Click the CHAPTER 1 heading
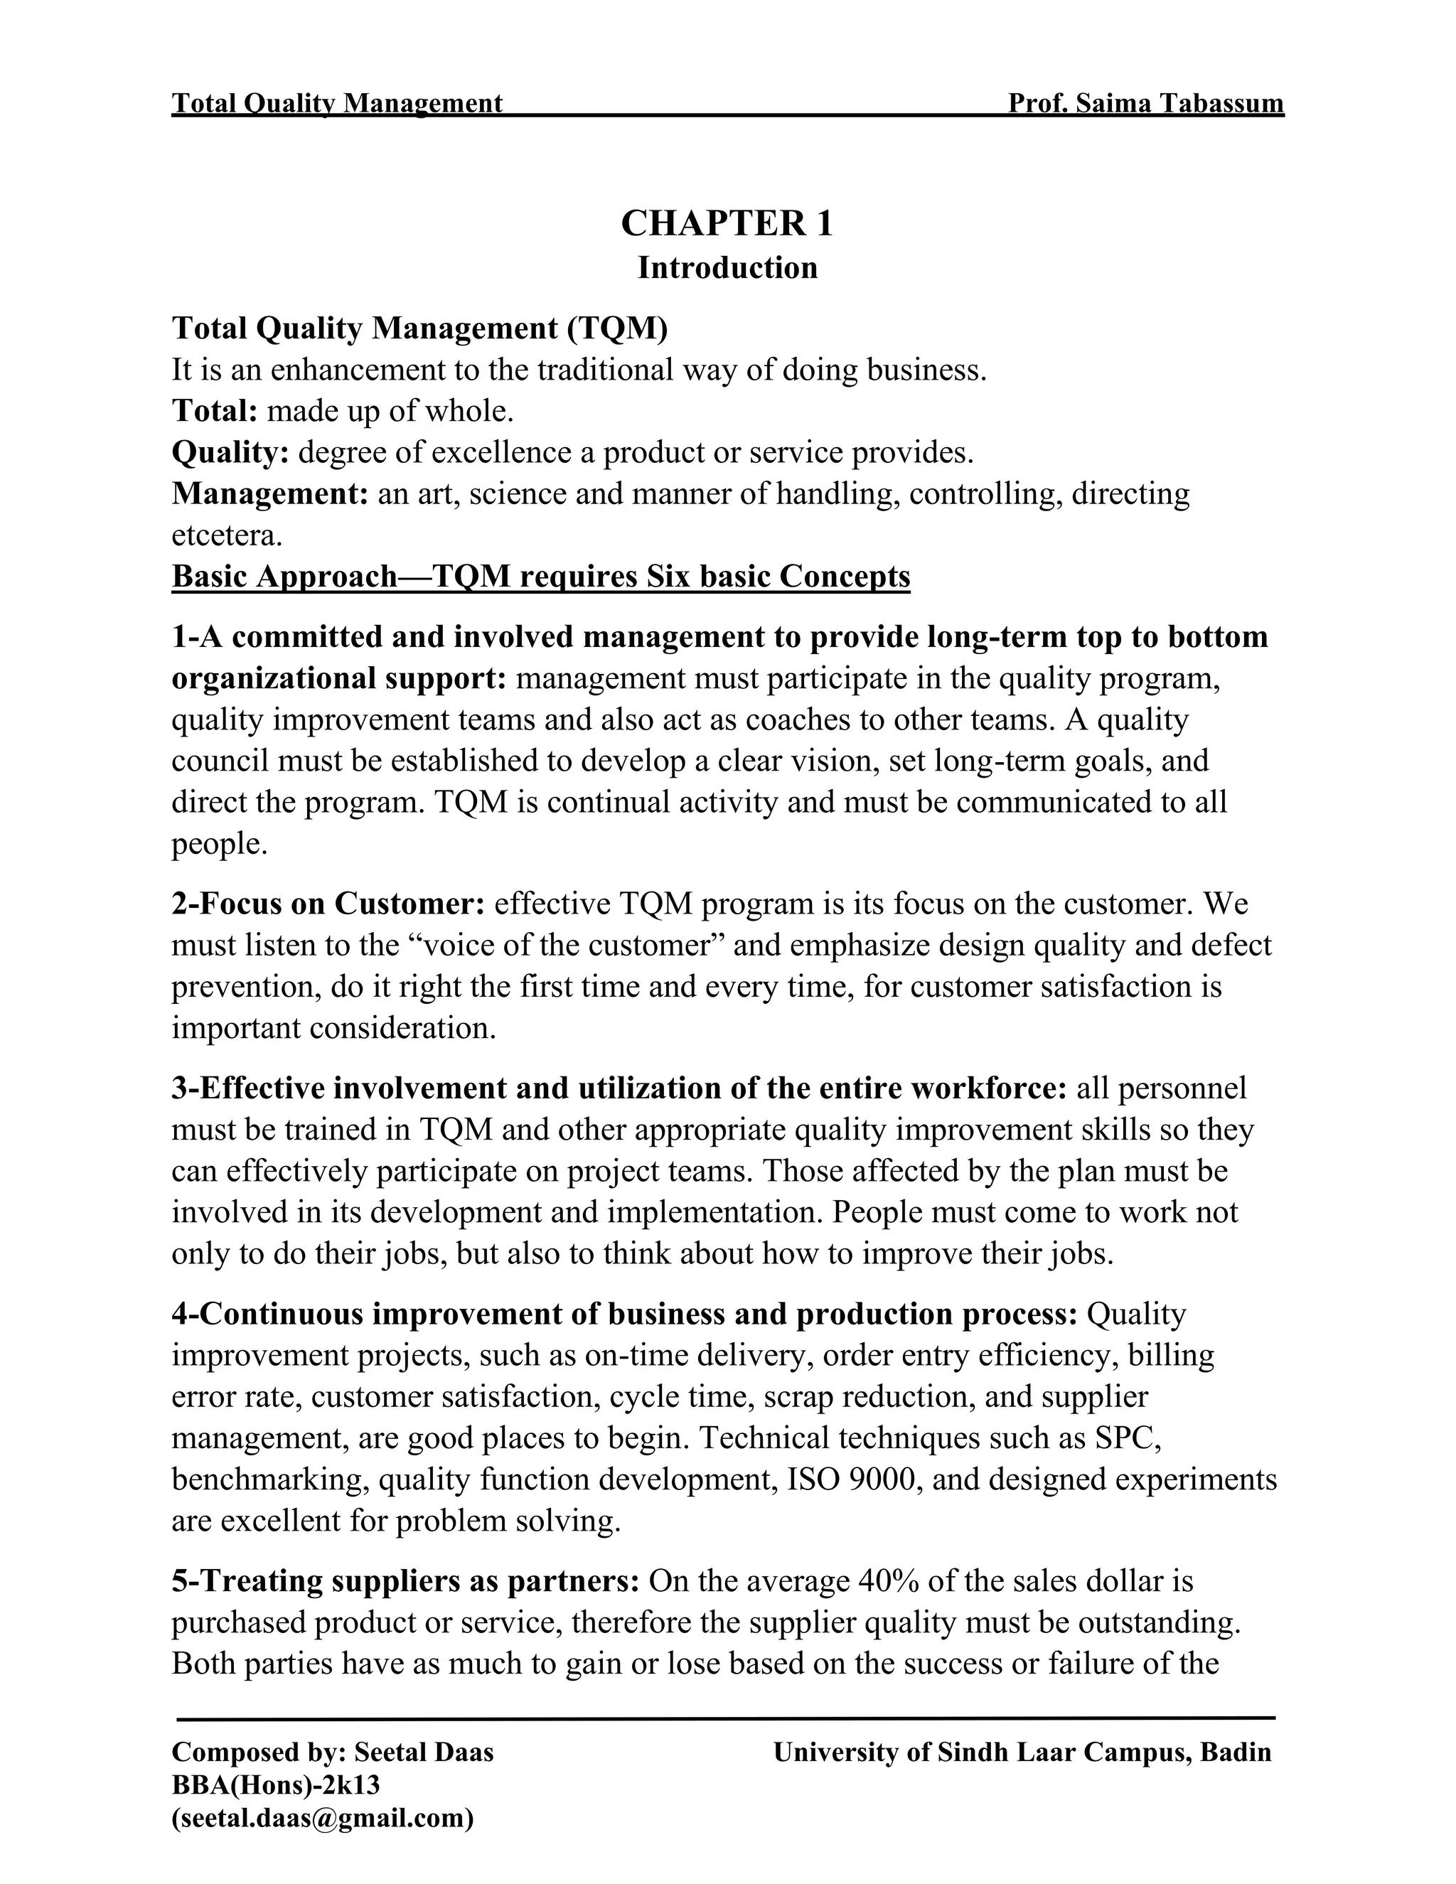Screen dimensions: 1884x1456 tap(727, 223)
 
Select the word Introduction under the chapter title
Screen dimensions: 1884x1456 tap(727, 268)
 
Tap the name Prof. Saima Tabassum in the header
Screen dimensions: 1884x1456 tap(1145, 104)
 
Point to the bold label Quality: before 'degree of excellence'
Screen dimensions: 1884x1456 tap(230, 453)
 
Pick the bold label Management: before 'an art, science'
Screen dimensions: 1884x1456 tap(270, 494)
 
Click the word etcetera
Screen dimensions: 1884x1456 tap(226, 536)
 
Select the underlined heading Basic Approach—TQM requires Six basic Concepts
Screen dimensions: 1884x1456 tap(541, 577)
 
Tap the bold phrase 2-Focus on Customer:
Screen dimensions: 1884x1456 tap(328, 903)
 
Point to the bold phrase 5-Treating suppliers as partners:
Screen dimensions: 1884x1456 tap(405, 1581)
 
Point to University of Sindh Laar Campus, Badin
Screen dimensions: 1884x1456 tap(1022, 1752)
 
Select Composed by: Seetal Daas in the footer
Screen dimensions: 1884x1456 tap(333, 1752)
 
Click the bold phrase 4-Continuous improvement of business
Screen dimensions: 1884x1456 tap(483, 1314)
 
